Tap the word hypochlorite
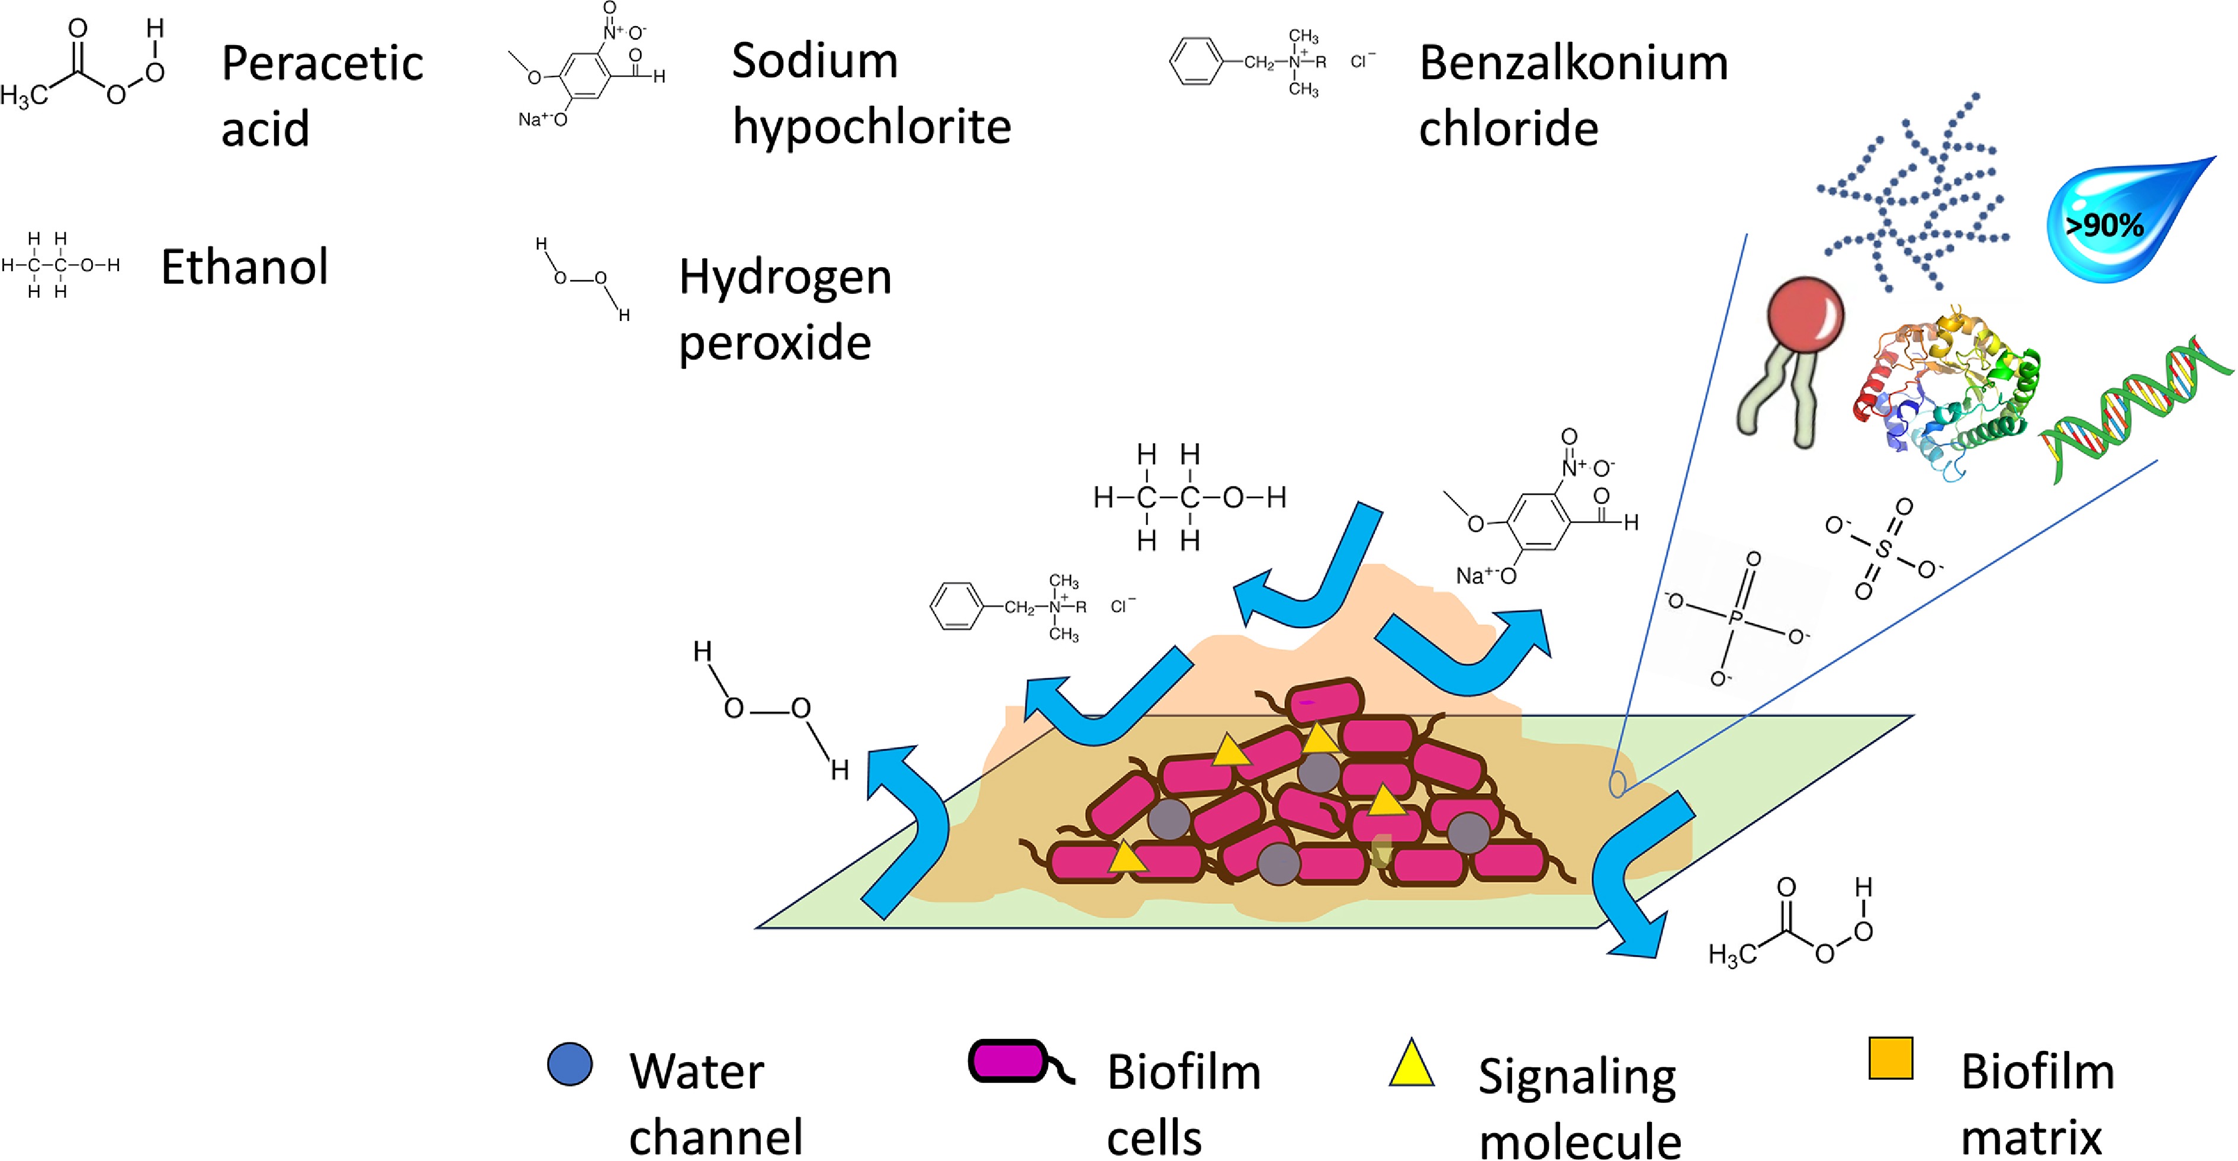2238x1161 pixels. (872, 127)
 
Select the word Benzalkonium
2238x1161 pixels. (1573, 63)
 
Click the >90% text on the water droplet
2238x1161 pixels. (2104, 226)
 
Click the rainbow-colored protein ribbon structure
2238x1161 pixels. (1946, 391)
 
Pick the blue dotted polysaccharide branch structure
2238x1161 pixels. (1911, 191)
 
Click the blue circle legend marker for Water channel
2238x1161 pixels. (570, 1064)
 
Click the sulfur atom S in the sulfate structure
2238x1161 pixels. (1883, 549)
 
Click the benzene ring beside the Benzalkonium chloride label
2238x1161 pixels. (1197, 61)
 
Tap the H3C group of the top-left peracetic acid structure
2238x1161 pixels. (24, 95)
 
